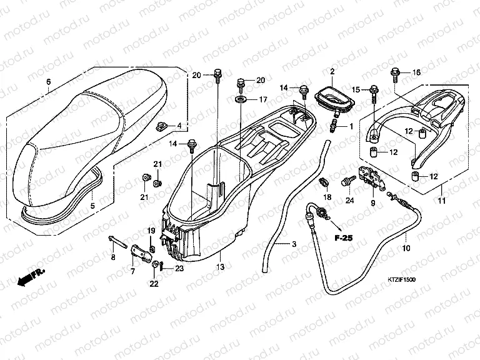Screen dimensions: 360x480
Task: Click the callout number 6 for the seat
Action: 48,82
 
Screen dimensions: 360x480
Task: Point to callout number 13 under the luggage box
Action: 220,266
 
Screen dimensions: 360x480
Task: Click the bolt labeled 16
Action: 395,76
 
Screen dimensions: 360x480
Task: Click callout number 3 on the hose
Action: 294,244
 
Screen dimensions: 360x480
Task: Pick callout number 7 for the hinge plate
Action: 132,271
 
